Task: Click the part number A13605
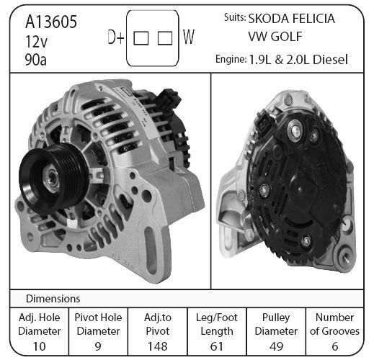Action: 51,22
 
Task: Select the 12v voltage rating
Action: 37,42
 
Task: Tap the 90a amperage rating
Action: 36,60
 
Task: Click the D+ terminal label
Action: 116,37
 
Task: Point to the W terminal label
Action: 189,37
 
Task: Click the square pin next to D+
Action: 141,38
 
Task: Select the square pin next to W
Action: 165,38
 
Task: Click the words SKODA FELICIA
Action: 291,19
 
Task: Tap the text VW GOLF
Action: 275,37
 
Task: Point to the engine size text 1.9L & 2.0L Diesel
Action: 298,60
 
